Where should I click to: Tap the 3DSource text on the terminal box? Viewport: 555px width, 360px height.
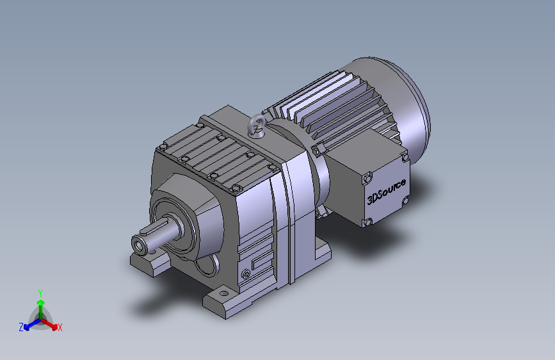(x=386, y=192)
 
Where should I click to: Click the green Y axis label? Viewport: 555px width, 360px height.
(x=40, y=293)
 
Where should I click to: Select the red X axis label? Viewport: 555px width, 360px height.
(x=60, y=328)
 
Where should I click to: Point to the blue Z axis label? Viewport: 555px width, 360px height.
(x=21, y=327)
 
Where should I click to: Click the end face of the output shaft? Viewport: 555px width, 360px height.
(x=138, y=245)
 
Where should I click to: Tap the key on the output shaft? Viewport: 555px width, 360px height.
(x=153, y=228)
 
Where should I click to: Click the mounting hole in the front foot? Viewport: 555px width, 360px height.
(x=223, y=293)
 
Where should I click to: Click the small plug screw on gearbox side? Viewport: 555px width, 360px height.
(x=246, y=274)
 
